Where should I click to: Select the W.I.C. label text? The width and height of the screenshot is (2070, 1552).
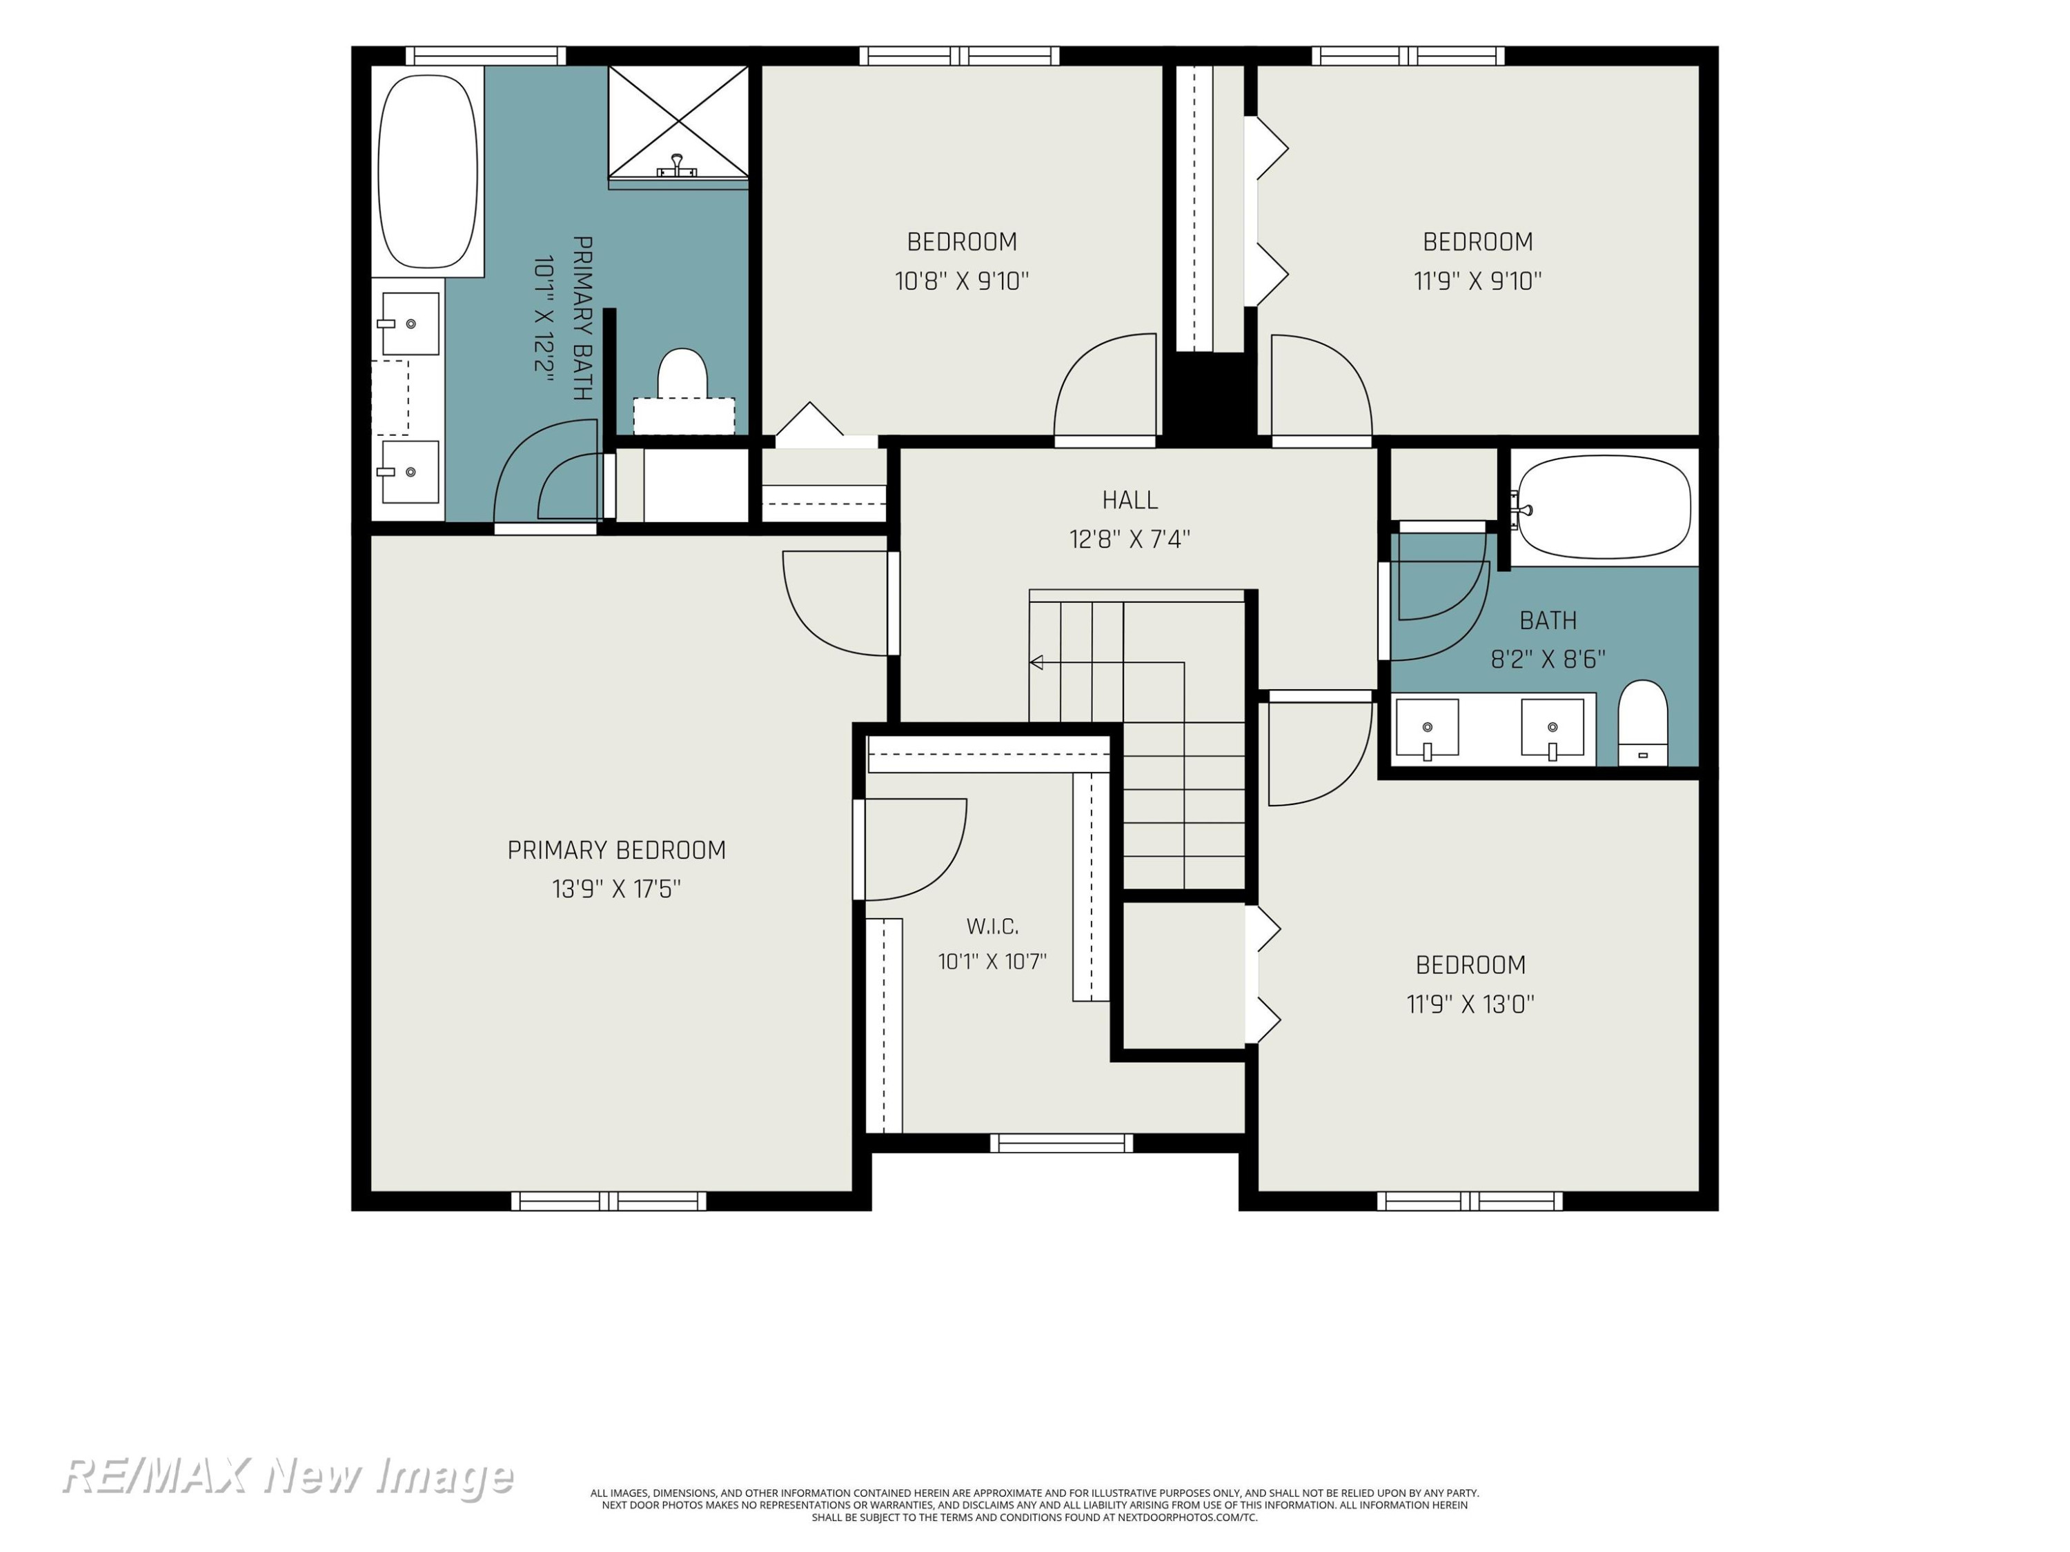[x=992, y=926]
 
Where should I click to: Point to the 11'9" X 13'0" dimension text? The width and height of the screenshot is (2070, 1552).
[x=1470, y=1004]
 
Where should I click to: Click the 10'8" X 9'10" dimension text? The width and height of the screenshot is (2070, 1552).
[x=961, y=281]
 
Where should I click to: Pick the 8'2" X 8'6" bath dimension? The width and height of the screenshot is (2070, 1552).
[x=1548, y=659]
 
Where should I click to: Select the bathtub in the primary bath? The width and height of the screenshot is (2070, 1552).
[x=428, y=171]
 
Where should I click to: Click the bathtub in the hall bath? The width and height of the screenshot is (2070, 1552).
[x=1604, y=507]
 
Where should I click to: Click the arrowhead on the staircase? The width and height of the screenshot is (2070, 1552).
[x=1036, y=662]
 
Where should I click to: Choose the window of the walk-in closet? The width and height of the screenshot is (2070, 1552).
[x=1061, y=1142]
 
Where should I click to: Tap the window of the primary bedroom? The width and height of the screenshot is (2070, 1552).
[x=609, y=1201]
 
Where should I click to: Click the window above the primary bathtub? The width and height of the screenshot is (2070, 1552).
[x=485, y=56]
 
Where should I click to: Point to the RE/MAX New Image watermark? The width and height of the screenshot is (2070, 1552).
[x=287, y=1476]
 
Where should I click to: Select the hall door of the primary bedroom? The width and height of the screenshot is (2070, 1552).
[x=836, y=604]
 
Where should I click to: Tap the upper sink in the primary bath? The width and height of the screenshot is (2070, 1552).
[x=409, y=324]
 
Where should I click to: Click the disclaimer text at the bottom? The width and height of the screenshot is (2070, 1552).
[x=1034, y=1505]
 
